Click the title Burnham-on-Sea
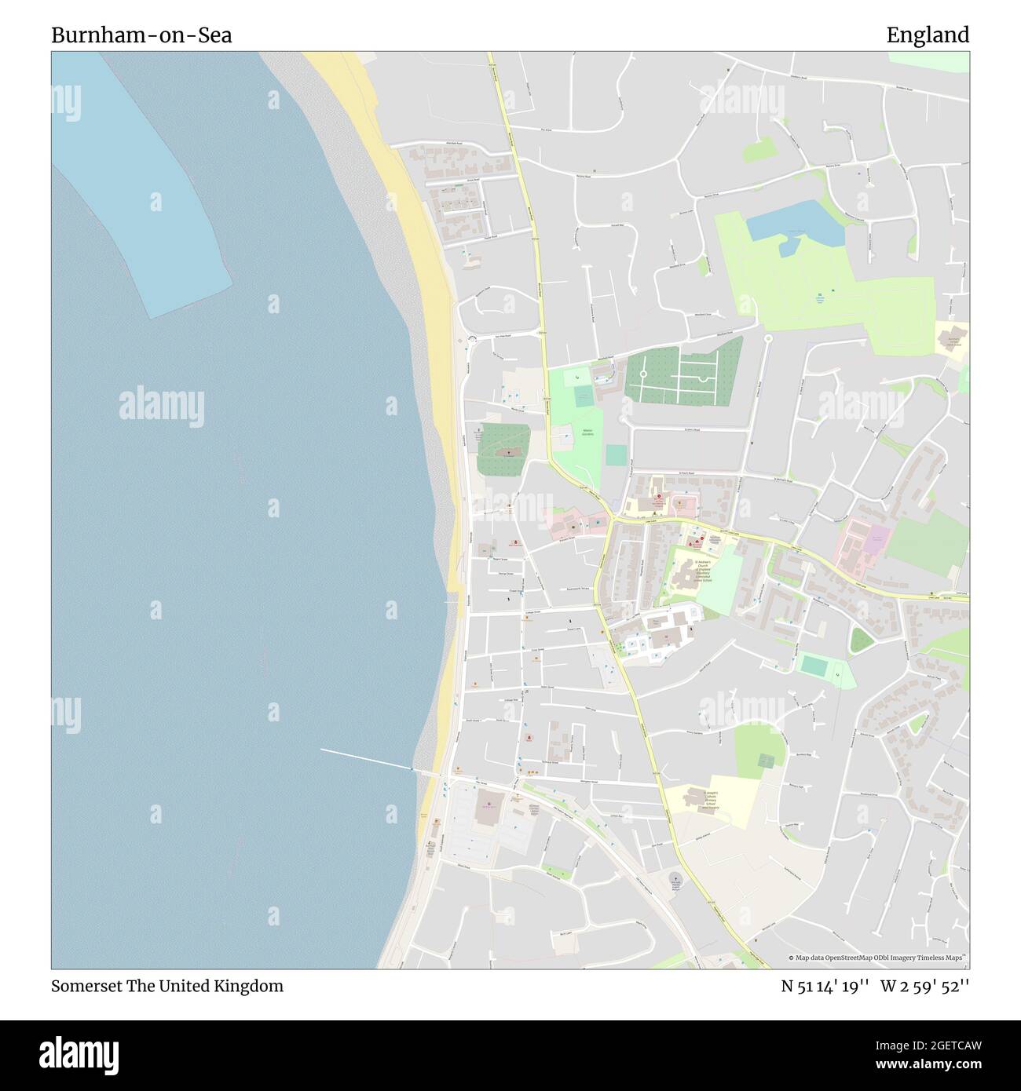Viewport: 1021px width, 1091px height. pyautogui.click(x=141, y=35)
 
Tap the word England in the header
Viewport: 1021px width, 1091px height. pyautogui.click(x=928, y=35)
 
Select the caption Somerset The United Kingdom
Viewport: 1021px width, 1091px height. pyautogui.click(x=167, y=986)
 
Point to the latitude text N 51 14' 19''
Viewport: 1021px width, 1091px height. pyautogui.click(x=825, y=986)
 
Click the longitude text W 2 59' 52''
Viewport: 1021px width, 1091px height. pyautogui.click(x=924, y=986)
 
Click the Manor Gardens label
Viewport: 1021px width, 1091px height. pyautogui.click(x=587, y=432)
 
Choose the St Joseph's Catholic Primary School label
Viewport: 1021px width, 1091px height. pyautogui.click(x=709, y=800)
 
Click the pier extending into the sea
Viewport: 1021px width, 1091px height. pyautogui.click(x=366, y=759)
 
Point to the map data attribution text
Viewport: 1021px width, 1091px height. pyautogui.click(x=876, y=958)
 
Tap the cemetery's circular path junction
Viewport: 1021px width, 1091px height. pyautogui.click(x=643, y=374)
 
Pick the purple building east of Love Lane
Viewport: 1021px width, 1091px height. pyautogui.click(x=876, y=539)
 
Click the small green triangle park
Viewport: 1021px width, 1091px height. pyautogui.click(x=862, y=640)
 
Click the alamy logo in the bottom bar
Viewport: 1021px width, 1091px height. pyautogui.click(x=80, y=1054)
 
